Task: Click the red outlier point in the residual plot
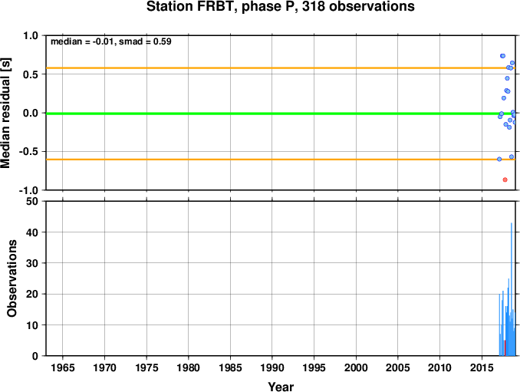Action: coord(505,180)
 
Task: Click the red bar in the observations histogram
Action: coord(505,348)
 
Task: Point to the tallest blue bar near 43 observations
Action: coord(512,289)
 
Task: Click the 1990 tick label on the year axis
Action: coord(272,367)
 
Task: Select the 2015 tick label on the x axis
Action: coord(482,367)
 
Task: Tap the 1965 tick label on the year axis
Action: coord(63,367)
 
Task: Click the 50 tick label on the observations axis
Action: coord(32,201)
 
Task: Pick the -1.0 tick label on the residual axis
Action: coord(28,190)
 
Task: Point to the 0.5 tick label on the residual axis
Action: coord(31,74)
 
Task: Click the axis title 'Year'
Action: coord(281,387)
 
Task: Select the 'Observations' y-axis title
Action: coord(12,278)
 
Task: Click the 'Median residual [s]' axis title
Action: coord(5,113)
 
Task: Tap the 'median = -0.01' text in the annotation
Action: coord(82,41)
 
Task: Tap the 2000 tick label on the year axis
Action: coord(356,367)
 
